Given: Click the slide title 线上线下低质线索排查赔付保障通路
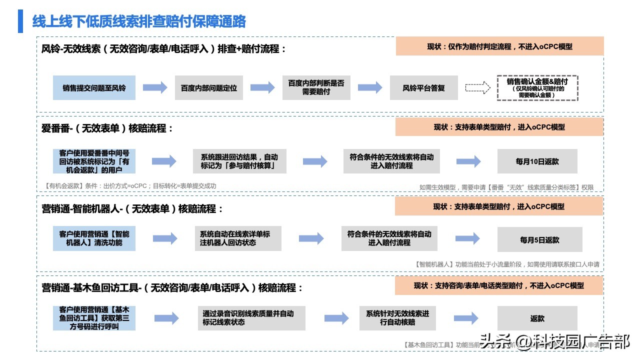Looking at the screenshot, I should pos(139,21).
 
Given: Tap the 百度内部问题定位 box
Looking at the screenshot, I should pos(208,88).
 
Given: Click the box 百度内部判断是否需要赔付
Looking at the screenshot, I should pos(316,88).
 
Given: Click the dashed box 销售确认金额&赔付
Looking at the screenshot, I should pos(537,88).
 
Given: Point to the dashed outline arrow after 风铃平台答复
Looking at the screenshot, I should pos(477,88).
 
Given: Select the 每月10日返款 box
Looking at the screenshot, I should pos(537,161).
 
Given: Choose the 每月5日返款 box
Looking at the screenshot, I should pos(539,240).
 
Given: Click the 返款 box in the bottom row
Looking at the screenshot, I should pos(537,318).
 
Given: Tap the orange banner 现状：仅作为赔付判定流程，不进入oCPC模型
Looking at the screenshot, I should pos(499,46).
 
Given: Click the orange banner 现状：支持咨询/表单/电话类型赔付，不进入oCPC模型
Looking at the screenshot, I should pos(499,285).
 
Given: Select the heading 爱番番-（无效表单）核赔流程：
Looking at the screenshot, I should pos(107,128).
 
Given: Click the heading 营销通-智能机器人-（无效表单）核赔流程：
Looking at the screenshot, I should pos(132,208).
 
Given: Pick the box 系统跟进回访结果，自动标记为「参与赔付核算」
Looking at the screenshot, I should pos(239,161).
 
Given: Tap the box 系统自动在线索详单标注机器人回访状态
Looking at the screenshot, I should pos(238,238).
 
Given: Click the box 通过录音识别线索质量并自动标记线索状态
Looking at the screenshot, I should pos(248,318).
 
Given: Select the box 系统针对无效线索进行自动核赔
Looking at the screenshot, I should pos(397,318).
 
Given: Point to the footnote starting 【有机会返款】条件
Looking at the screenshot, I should pos(130,186).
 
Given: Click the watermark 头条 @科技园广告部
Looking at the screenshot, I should pos(554,342).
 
